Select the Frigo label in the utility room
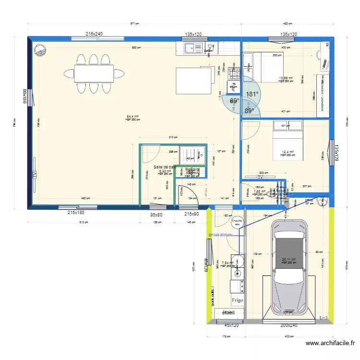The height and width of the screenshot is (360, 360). tap(238, 300)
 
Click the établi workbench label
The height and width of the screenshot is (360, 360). tap(228, 313)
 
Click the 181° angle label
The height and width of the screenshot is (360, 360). tap(252, 95)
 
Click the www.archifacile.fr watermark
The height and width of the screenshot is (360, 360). tap(331, 343)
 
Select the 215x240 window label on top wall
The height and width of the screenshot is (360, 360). tap(95, 34)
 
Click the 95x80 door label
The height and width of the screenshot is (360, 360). tap(156, 215)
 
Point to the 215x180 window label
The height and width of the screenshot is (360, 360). tap(76, 213)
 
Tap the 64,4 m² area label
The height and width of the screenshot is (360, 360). tap(132, 116)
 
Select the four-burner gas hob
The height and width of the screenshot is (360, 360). tap(234, 73)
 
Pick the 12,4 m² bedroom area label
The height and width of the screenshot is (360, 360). tap(287, 152)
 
